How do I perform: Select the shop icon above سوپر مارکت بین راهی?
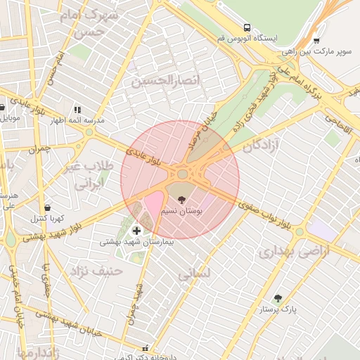pos(316,41)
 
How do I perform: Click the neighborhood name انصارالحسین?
pos(166,82)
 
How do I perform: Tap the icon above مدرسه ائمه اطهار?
pos(77,110)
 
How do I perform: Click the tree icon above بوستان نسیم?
pos(182,200)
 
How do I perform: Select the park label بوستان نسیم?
pos(181,211)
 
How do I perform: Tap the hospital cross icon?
pos(136,230)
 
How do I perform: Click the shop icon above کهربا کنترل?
pos(47,207)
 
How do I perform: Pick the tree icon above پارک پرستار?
pos(278,298)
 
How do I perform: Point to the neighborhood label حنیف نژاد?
pos(96,270)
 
